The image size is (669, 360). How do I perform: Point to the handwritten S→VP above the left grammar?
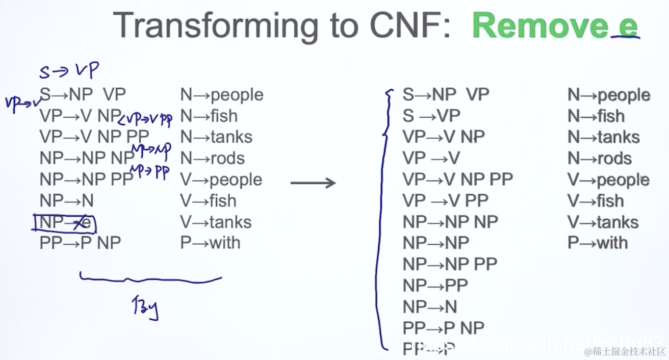(68, 71)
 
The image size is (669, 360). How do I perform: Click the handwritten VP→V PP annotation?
(146, 119)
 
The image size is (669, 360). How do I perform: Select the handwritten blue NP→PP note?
(150, 172)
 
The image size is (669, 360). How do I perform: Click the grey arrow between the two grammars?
(313, 183)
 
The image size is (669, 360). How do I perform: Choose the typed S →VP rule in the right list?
(431, 116)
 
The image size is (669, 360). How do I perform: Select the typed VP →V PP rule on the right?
(445, 200)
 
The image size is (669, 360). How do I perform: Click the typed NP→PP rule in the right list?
(435, 285)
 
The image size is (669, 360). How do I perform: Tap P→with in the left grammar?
(210, 243)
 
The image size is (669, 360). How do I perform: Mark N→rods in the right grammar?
(599, 159)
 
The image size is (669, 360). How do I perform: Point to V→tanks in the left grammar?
(216, 222)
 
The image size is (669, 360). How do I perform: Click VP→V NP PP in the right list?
(457, 179)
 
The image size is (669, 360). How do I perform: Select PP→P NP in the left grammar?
(80, 243)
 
